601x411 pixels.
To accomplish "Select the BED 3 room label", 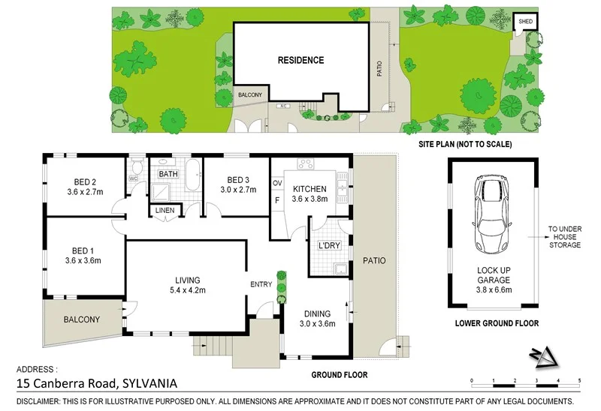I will coord(237,180).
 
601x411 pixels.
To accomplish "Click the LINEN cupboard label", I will coord(164,211).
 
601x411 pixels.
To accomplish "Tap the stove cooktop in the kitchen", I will coord(307,163).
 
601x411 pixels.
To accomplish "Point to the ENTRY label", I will coord(261,284).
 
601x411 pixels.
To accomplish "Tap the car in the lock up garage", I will coord(490,216).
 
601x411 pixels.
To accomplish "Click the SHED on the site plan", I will coord(525,22).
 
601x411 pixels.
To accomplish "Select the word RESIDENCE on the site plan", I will coord(300,61).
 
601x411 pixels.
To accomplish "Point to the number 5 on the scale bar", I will coord(580,382).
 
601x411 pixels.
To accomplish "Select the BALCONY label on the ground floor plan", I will coord(81,319).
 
